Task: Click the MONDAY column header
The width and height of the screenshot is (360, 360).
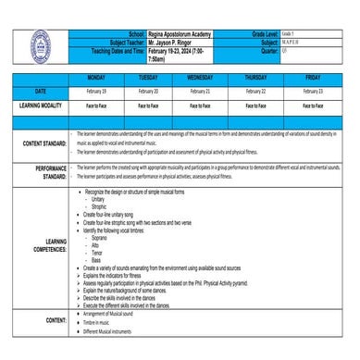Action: (97, 79)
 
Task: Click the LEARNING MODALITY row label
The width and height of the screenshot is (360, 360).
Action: (34, 106)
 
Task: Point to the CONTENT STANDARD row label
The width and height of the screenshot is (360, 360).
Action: (33, 143)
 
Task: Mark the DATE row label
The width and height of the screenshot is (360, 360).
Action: (34, 93)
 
